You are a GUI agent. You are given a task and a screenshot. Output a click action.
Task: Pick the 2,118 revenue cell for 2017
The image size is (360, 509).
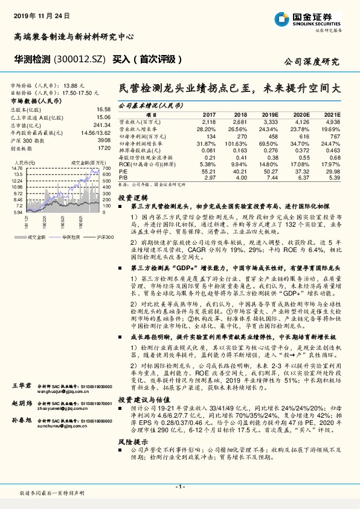(x=208, y=121)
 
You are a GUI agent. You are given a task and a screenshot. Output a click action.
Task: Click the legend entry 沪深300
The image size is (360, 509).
(x=92, y=238)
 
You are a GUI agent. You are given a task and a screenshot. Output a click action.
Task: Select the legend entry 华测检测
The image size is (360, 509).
(x=60, y=238)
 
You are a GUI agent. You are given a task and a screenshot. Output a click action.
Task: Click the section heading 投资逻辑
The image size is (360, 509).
(x=132, y=198)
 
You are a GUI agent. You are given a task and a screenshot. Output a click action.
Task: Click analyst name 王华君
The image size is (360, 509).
(x=21, y=385)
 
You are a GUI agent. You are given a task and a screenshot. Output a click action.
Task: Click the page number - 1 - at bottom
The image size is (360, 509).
(x=180, y=486)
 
